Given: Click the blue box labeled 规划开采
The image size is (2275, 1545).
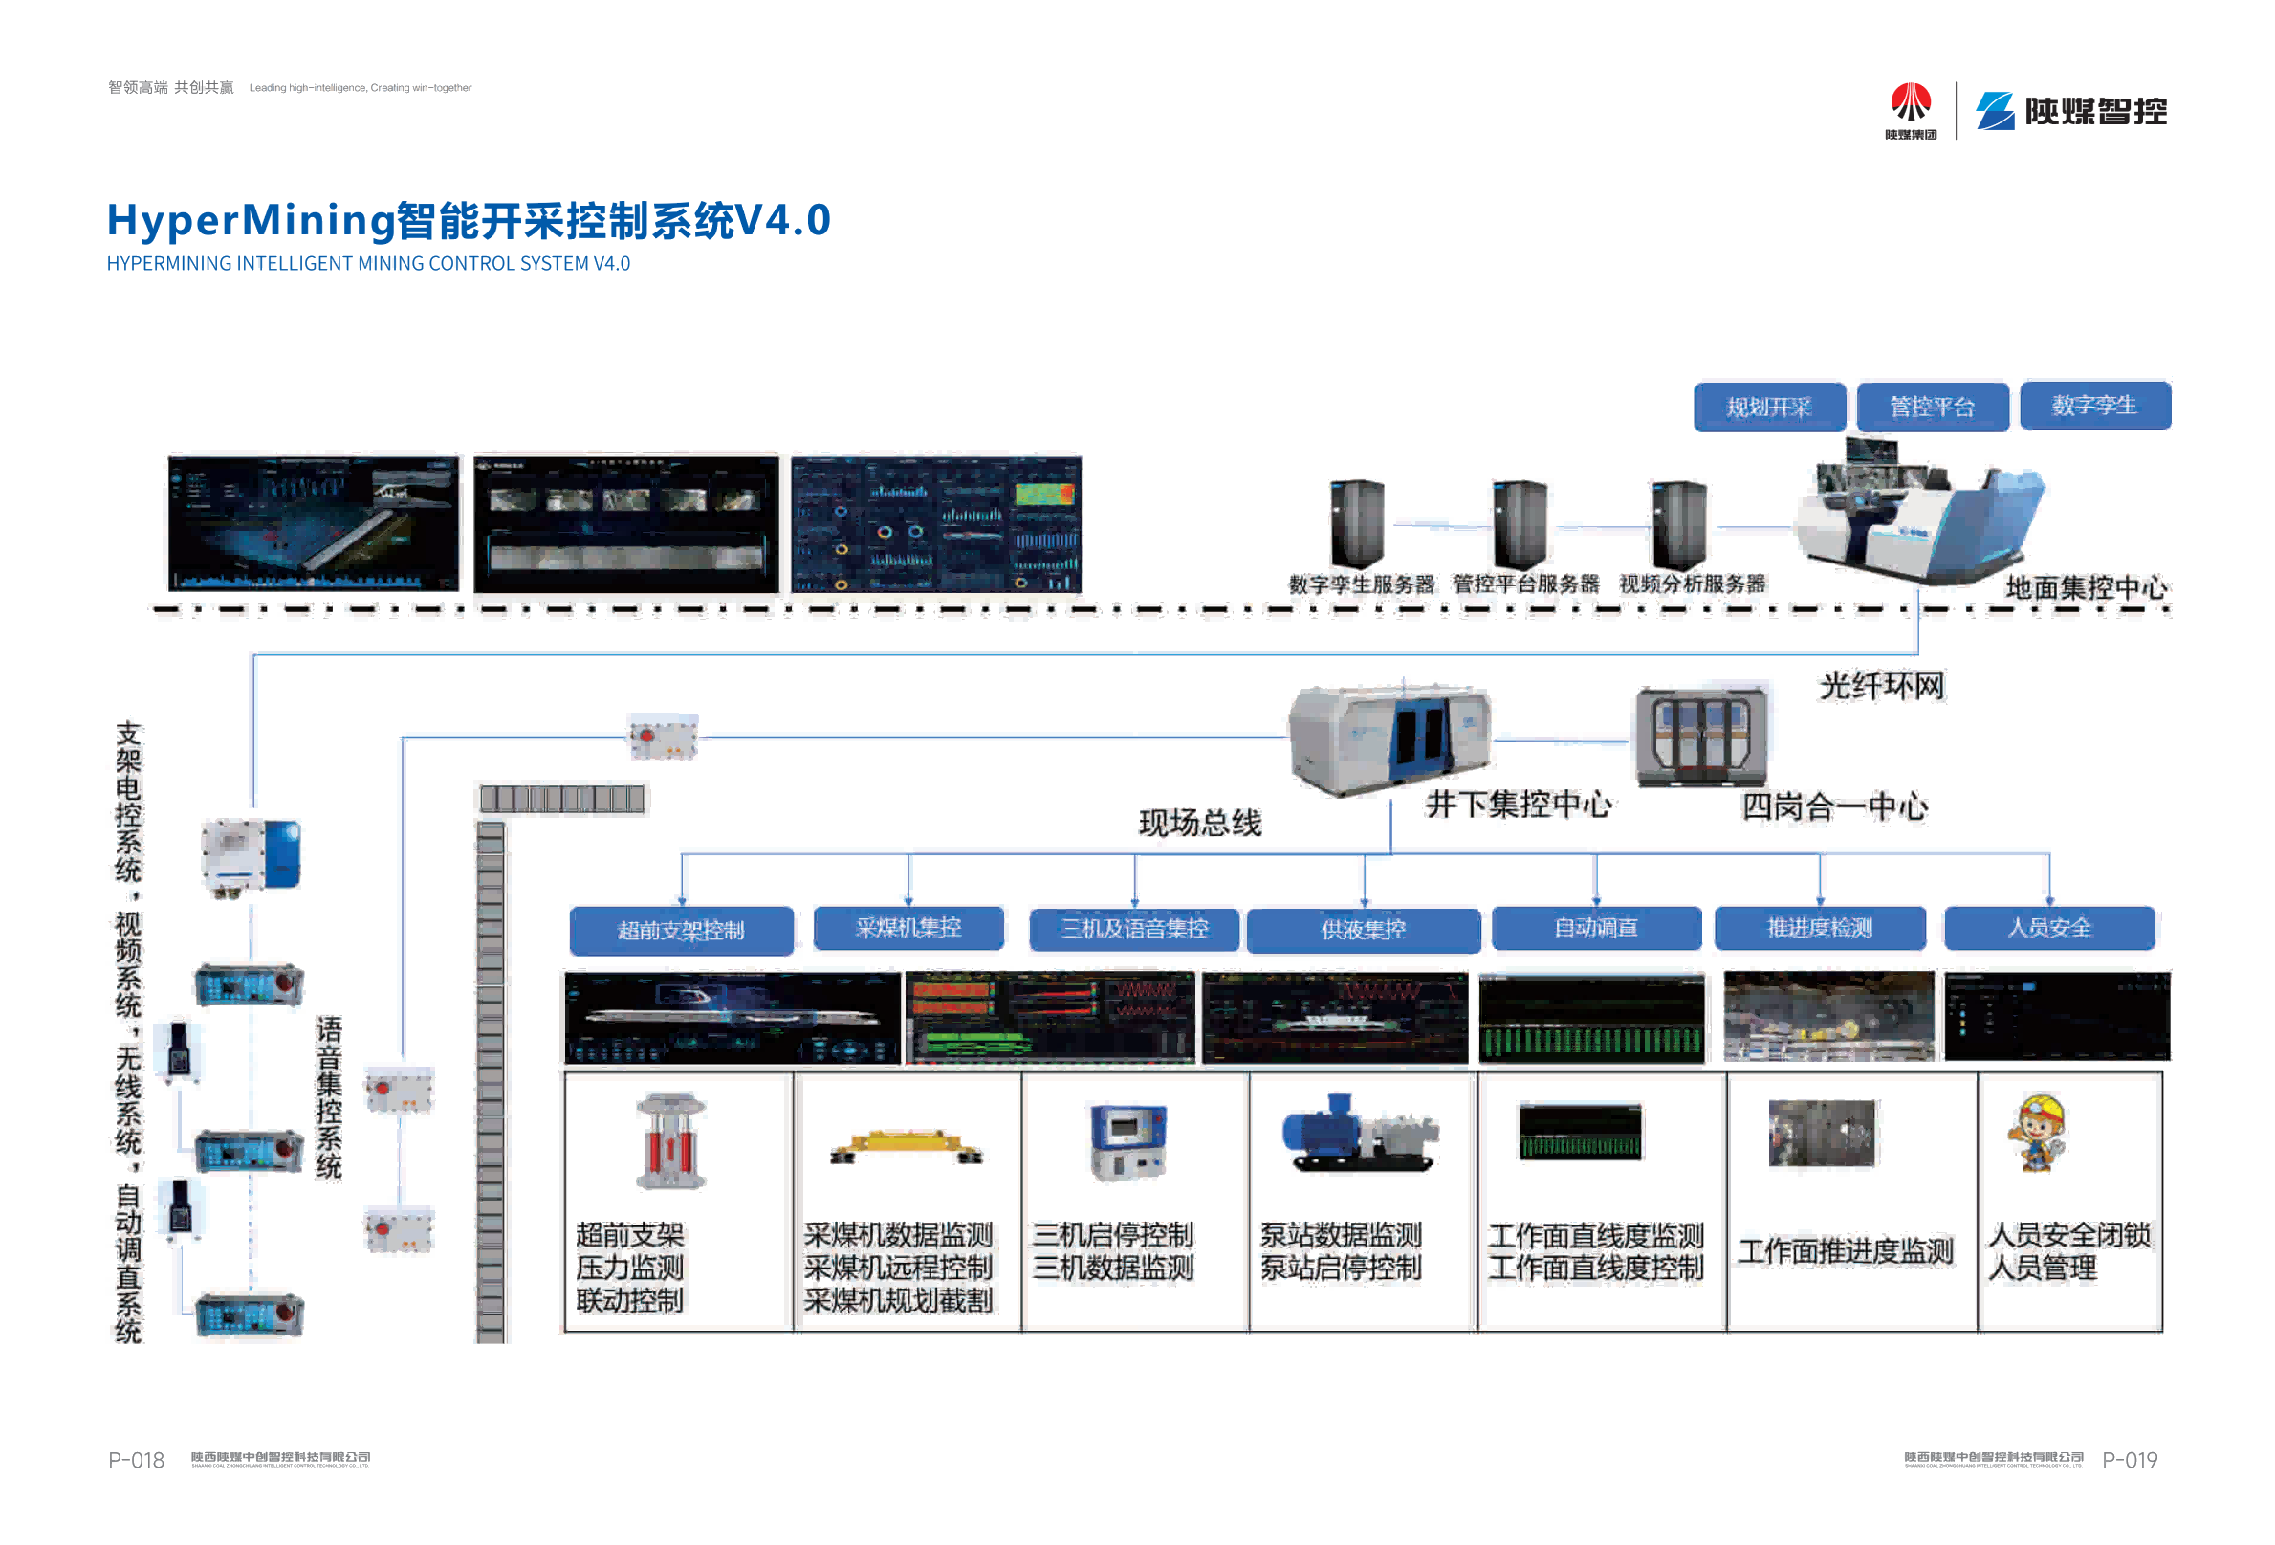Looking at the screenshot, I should [x=1768, y=407].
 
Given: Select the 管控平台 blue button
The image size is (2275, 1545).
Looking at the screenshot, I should [x=1932, y=407].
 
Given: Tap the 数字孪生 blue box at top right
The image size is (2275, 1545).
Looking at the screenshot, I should [x=2094, y=406].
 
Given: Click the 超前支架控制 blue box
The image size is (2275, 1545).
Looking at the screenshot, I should [x=680, y=929].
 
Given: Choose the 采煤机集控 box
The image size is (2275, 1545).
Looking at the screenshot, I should [x=908, y=927].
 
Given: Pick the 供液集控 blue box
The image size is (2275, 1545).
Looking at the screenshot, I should [x=1363, y=929].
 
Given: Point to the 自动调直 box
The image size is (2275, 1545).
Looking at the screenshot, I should [x=1596, y=927].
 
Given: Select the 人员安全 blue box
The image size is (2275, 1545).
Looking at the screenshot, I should [x=2049, y=927].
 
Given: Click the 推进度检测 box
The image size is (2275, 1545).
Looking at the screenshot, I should [x=1820, y=927].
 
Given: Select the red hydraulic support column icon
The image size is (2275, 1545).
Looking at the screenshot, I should [x=670, y=1141].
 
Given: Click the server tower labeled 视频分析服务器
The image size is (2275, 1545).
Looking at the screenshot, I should [x=1679, y=525].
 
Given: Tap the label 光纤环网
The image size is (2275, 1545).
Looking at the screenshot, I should [x=1881, y=686].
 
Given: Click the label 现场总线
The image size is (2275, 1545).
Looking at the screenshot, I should [x=1199, y=823].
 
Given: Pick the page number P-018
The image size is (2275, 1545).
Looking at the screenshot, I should [x=136, y=1460].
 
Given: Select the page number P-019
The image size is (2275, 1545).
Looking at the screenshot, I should [x=2130, y=1460].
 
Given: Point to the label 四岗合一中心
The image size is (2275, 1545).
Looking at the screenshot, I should [x=1834, y=806].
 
